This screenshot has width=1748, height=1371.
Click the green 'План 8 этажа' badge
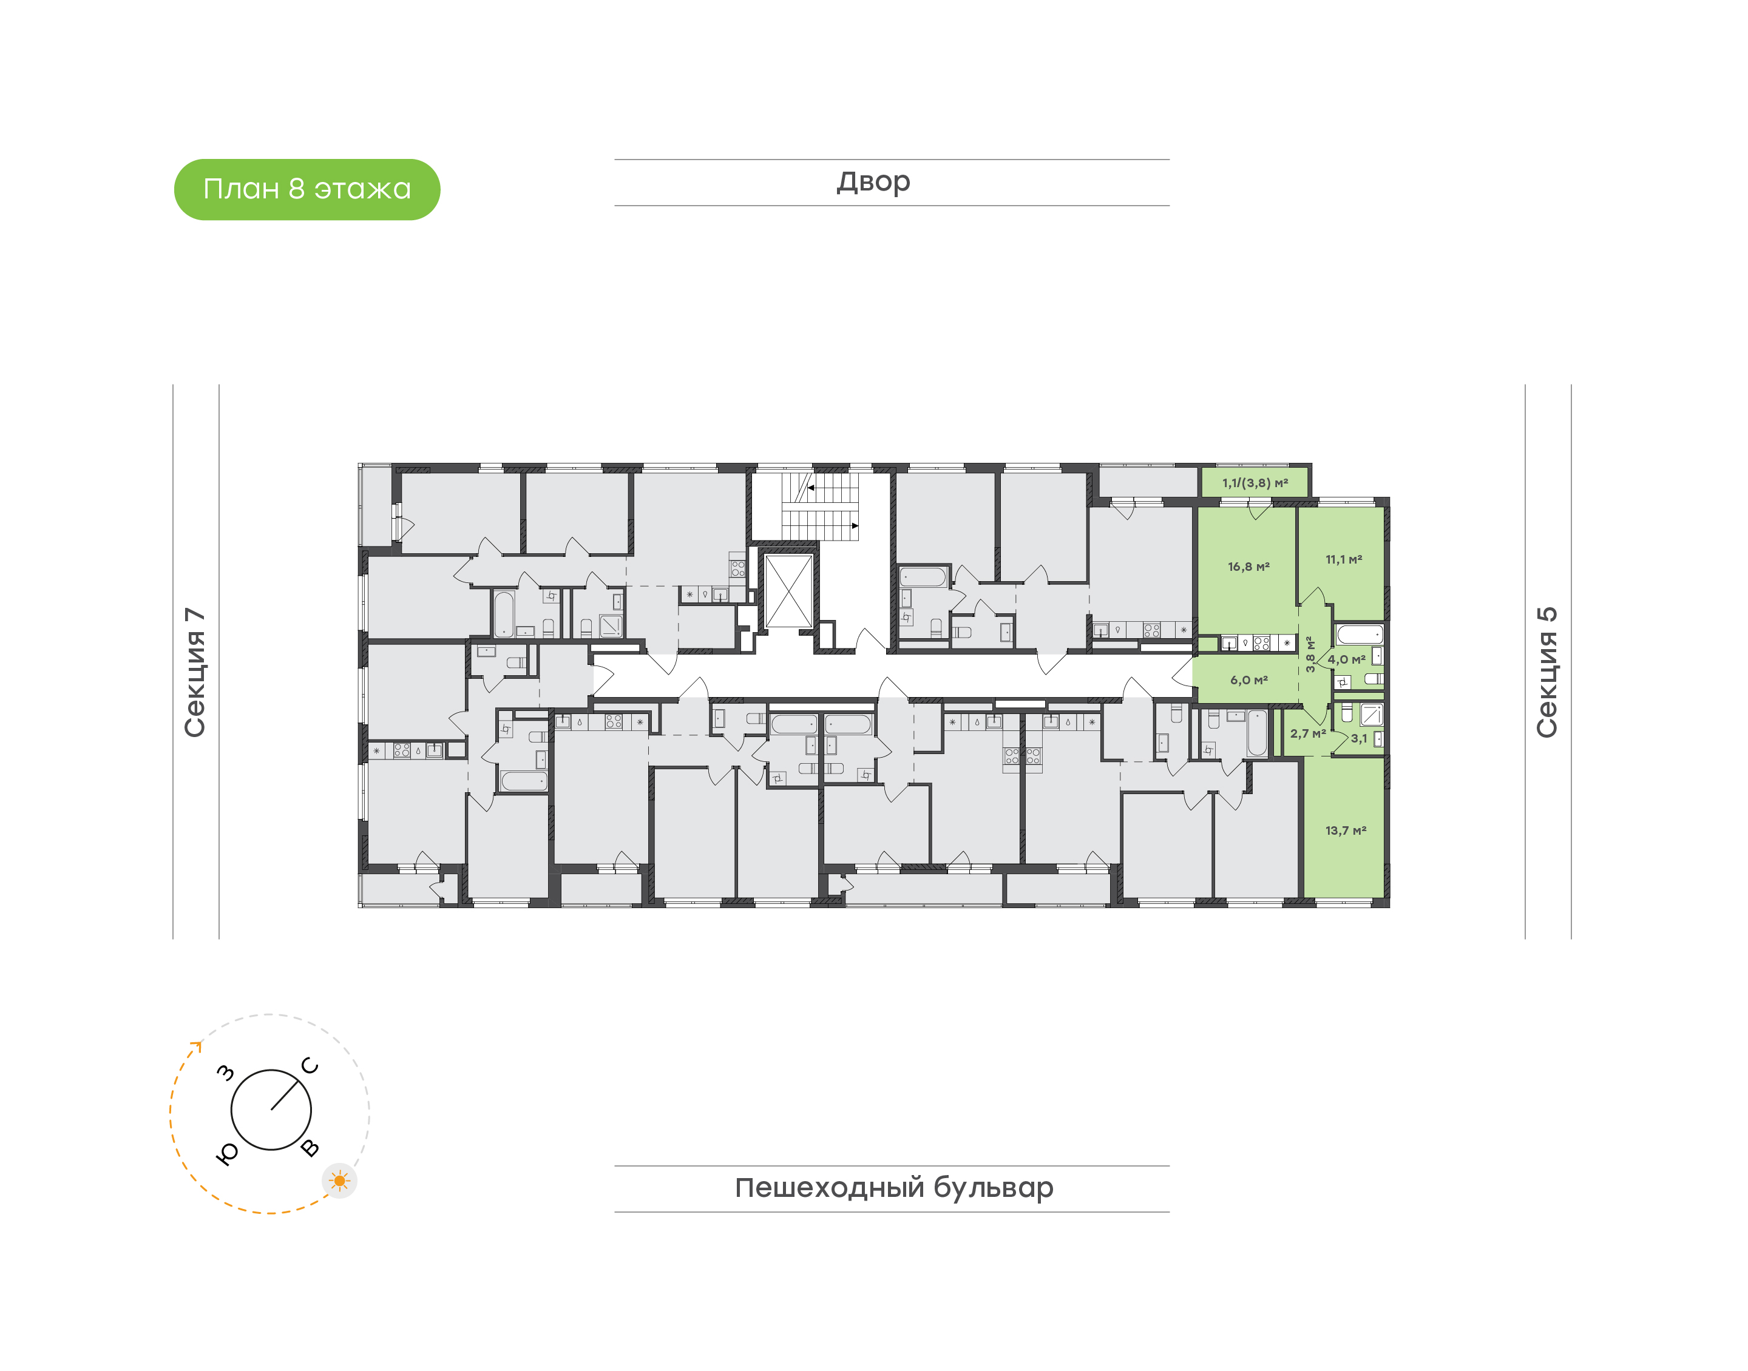307,189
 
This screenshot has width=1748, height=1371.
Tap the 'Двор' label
873,182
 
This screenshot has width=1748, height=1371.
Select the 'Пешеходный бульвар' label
893,1188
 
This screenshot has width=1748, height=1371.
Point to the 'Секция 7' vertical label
195,672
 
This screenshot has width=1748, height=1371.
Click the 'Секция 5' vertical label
1547,672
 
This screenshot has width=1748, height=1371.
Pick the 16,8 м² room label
1248,567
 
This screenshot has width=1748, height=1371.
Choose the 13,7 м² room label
1346,830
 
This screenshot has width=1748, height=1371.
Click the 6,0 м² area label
1248,680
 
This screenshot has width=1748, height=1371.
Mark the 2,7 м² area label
1308,733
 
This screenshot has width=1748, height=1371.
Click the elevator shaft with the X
789,591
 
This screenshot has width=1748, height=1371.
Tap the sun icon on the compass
340,1181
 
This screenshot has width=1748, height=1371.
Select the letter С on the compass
310,1066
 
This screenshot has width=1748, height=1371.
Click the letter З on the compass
226,1073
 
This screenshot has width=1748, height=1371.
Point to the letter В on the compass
310,1148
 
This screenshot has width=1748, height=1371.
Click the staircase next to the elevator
821,507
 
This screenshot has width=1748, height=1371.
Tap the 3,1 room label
1358,738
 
